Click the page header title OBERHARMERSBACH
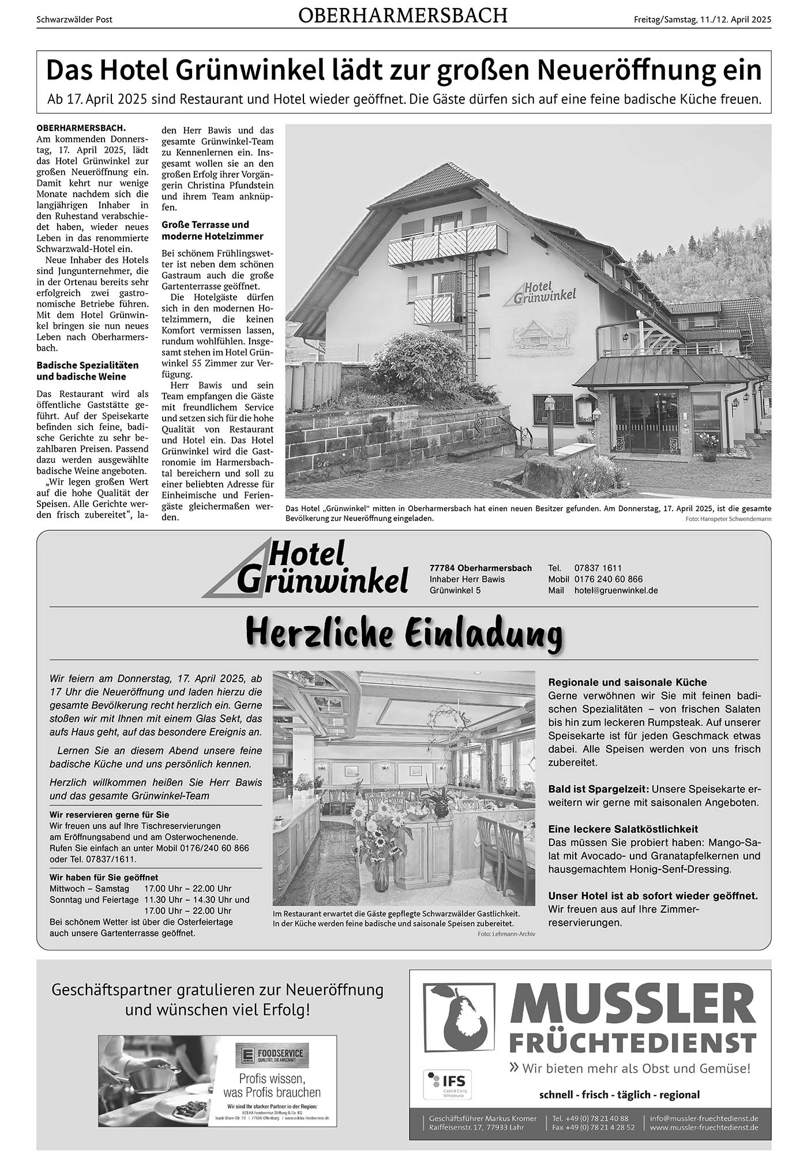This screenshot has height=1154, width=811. click(x=403, y=16)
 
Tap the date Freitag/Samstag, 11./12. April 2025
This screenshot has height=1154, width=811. click(x=702, y=19)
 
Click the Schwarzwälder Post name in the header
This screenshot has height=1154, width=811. click(x=74, y=19)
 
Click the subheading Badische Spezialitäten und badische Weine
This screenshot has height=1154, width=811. click(x=88, y=371)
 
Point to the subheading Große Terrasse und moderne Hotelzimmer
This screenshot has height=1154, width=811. click(x=212, y=230)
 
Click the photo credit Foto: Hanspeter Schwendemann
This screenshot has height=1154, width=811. click(x=728, y=519)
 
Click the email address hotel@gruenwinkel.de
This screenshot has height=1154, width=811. click(x=615, y=590)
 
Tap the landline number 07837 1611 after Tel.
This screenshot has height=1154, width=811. click(x=598, y=568)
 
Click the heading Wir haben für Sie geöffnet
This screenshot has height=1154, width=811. click(x=104, y=877)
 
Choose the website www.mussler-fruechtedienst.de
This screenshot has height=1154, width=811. click(x=704, y=1127)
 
